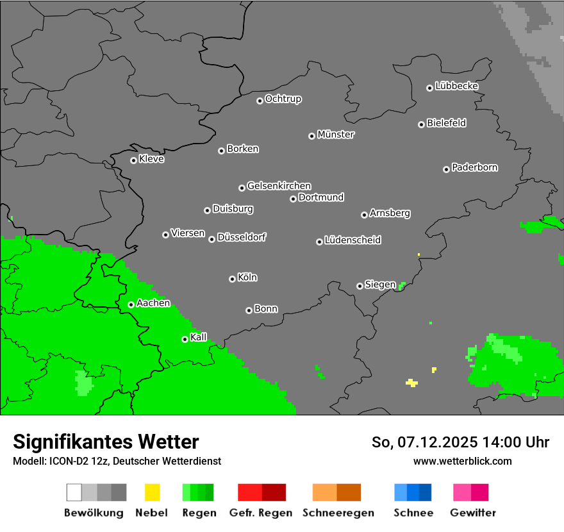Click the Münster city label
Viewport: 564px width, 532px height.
336,135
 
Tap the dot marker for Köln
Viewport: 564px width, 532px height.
232,279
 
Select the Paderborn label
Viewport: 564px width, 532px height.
474,167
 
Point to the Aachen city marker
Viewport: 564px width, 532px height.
131,304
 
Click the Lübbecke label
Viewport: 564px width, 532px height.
456,86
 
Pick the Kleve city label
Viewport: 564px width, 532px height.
151,159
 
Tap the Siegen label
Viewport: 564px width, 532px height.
380,285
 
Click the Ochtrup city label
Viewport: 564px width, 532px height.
283,99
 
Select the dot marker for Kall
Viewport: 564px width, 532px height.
185,339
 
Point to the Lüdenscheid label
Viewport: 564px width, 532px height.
352,240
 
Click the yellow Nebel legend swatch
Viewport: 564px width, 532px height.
152,492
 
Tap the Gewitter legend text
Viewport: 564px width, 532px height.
473,513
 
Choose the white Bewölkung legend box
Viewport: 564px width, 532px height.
74,492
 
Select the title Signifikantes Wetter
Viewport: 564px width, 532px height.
106,442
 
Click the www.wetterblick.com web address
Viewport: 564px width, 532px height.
462,461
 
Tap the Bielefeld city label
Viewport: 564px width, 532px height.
446,123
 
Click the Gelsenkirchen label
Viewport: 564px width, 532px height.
279,186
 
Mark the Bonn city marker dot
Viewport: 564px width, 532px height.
249,310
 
